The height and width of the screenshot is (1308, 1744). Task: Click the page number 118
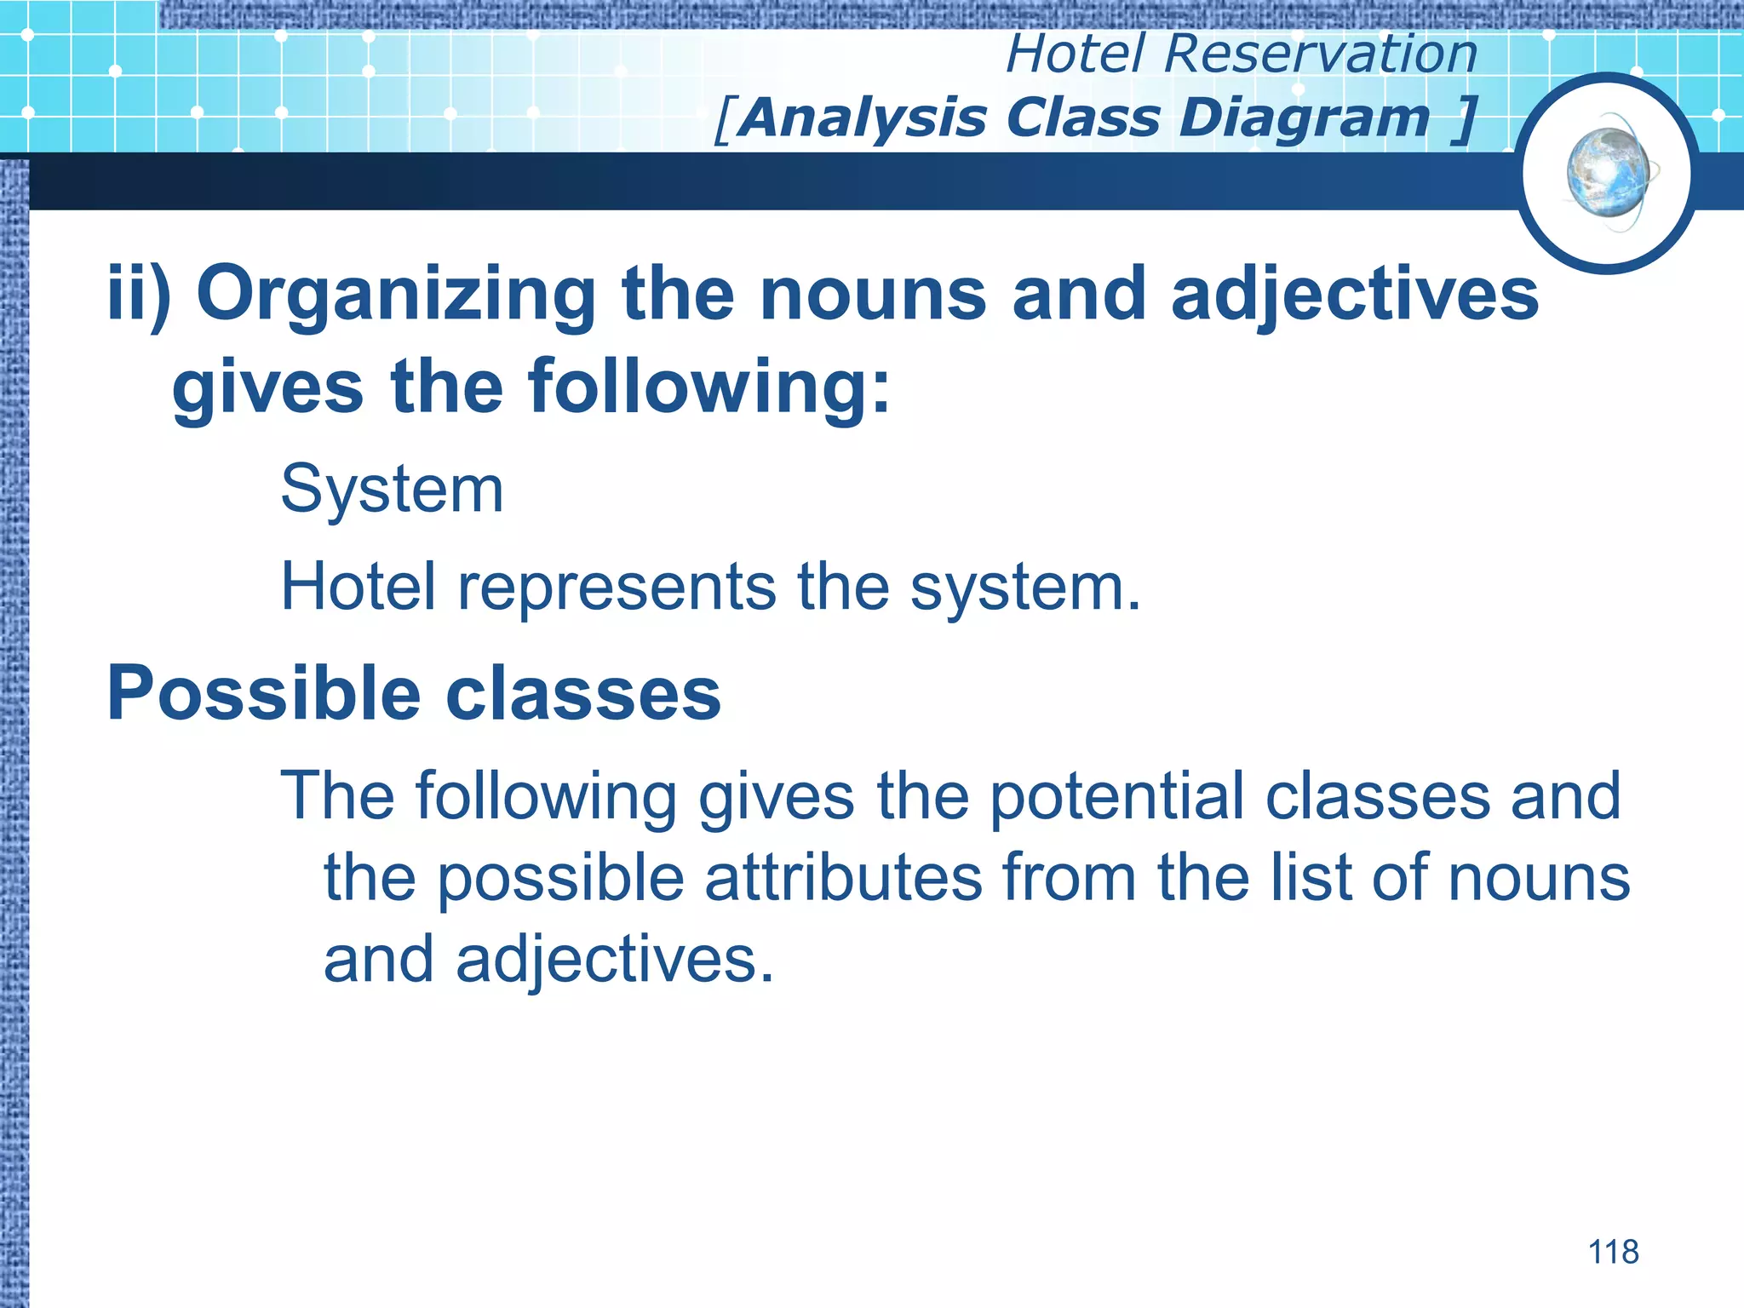1613,1252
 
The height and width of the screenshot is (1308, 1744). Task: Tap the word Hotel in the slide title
1076,54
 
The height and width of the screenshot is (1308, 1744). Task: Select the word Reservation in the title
1321,54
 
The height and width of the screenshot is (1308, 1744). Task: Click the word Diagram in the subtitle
1304,118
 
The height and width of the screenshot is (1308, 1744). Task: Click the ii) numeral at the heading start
139,294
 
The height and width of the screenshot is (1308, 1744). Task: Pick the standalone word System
392,490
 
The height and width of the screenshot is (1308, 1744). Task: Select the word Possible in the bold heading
263,694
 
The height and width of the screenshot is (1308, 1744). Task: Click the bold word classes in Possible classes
583,694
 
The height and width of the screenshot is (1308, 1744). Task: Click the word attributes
843,879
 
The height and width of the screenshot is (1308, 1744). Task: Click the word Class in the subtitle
1082,118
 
